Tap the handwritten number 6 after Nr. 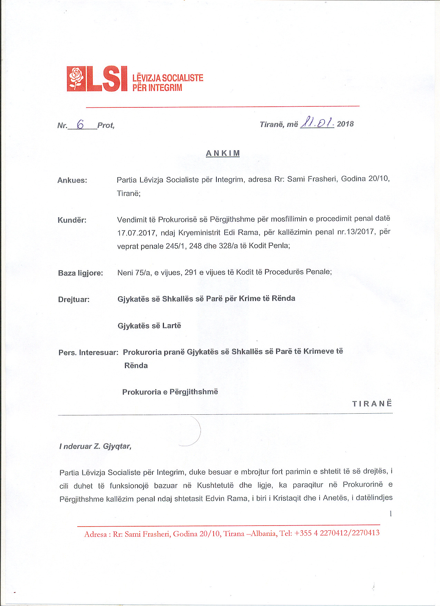(x=80, y=124)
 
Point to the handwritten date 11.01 (x=317, y=123)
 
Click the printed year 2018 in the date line (x=345, y=124)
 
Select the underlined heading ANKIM (x=223, y=153)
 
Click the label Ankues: (x=72, y=180)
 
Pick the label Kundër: (x=72, y=220)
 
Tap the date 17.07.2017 (x=137, y=233)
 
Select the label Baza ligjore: (x=80, y=273)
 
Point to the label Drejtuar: (x=74, y=299)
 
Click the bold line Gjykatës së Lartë (x=149, y=326)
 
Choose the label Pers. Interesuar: (x=88, y=353)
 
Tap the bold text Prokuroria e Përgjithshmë (x=170, y=392)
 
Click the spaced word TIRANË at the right (x=372, y=404)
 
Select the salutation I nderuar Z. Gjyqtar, (x=96, y=446)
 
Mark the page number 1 (x=391, y=513)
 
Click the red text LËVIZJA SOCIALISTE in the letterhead (x=168, y=78)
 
